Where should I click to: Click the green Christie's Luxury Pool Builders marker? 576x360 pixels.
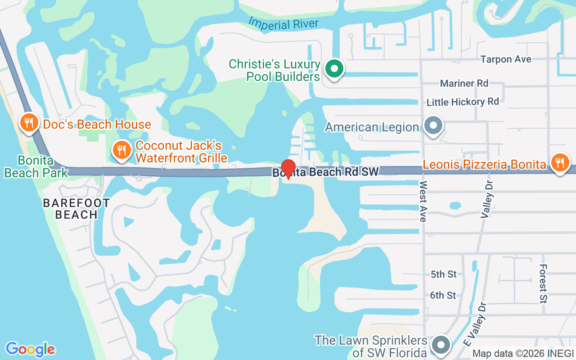(334, 69)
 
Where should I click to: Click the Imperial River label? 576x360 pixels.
(283, 23)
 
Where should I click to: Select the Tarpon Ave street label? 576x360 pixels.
(505, 59)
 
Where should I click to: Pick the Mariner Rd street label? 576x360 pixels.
(464, 83)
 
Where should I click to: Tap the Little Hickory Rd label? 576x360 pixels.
(463, 102)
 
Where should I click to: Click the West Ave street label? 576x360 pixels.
(423, 202)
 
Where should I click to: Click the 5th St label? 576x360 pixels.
(443, 274)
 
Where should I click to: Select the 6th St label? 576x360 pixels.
(443, 295)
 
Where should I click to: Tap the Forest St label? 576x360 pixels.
(543, 283)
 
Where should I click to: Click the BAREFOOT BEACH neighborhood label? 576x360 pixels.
(76, 209)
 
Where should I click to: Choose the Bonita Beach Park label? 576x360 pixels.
(36, 166)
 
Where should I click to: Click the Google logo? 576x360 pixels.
(31, 349)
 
